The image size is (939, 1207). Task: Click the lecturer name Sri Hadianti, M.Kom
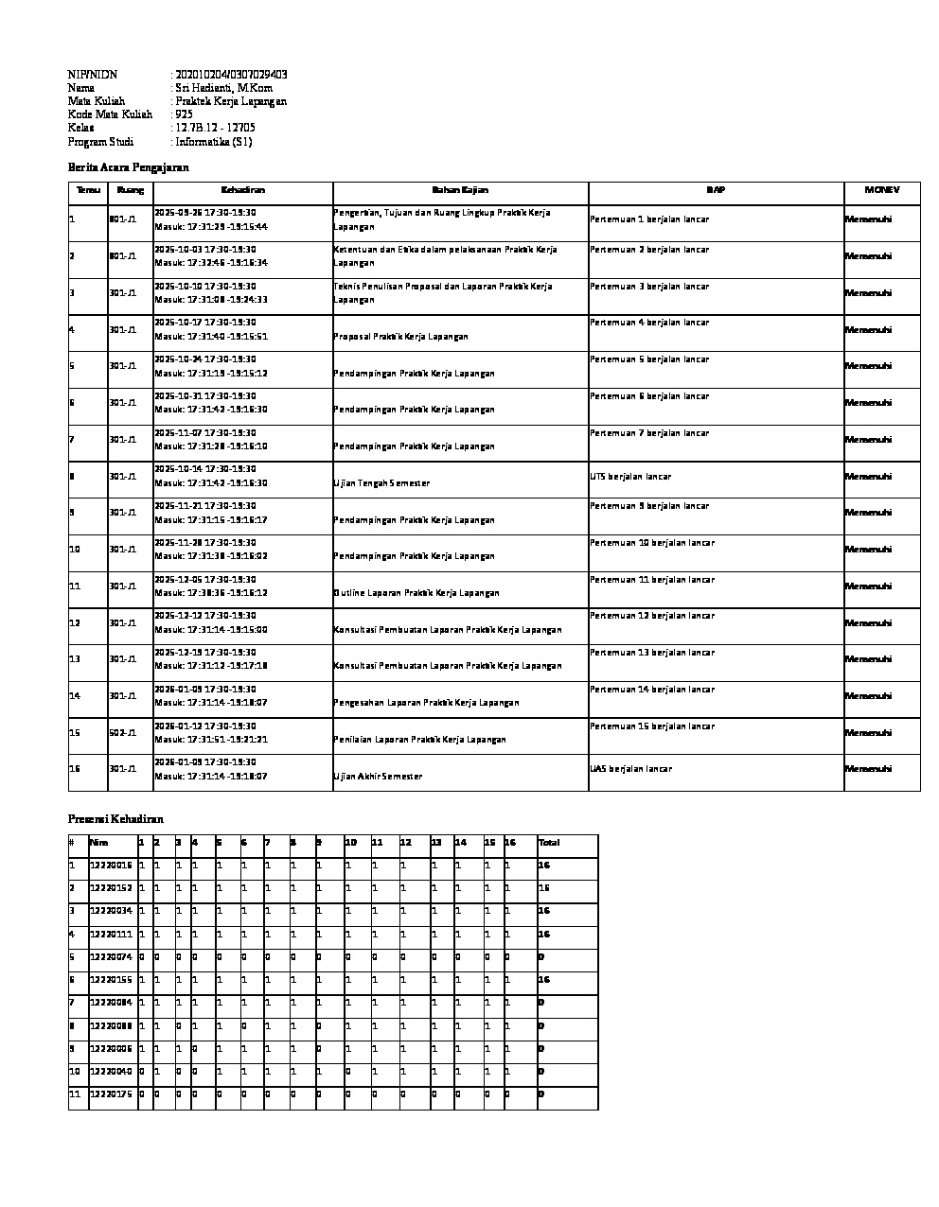point(224,88)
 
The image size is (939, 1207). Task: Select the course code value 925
point(185,114)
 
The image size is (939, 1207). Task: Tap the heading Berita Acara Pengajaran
point(129,167)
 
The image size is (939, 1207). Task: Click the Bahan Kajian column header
point(460,190)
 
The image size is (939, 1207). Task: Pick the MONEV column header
point(881,190)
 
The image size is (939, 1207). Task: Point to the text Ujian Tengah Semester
point(381,483)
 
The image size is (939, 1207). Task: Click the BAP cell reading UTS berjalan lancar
point(630,477)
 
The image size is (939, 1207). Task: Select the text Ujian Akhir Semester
point(378,777)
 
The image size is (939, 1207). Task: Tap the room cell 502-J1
point(123,733)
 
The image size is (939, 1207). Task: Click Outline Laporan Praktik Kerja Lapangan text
point(416,593)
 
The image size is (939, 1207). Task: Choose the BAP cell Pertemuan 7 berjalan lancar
point(649,433)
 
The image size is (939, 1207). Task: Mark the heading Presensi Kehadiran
point(115,819)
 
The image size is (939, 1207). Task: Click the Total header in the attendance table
point(549,843)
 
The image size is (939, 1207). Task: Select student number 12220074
point(111,957)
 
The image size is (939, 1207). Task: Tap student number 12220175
point(111,1094)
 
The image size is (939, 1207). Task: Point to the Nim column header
point(98,843)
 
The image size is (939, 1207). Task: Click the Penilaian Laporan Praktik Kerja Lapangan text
point(419,740)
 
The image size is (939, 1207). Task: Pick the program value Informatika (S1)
point(214,142)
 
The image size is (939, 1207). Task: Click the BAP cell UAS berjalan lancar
point(630,769)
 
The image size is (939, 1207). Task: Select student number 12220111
point(111,935)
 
